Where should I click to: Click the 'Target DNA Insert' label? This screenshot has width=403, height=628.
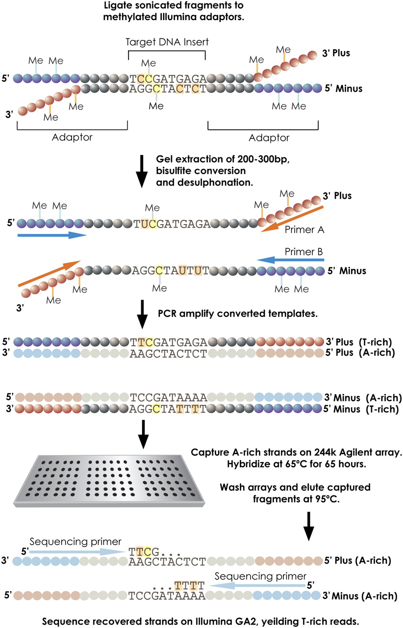(x=167, y=42)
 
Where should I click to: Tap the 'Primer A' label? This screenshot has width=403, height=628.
(x=304, y=230)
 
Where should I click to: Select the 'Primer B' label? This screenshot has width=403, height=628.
(x=304, y=252)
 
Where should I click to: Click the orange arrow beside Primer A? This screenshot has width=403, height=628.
(x=292, y=219)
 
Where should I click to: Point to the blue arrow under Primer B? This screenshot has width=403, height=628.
(x=290, y=260)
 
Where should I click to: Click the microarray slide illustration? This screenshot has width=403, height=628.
(x=109, y=481)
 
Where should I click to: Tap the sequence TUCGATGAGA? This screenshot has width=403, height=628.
(x=172, y=224)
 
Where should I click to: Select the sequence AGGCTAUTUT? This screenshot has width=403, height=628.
(x=171, y=270)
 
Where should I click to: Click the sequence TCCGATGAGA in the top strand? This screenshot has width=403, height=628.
(x=168, y=79)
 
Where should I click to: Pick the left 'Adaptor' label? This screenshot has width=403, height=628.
(x=72, y=137)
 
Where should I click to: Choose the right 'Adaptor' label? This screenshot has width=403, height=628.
(x=269, y=138)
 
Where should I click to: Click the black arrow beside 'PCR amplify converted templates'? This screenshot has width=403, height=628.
(x=142, y=314)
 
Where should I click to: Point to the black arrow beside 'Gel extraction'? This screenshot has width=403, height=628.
(x=142, y=171)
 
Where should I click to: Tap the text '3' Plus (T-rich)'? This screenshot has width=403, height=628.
(x=359, y=342)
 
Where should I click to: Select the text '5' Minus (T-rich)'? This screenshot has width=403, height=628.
(x=361, y=409)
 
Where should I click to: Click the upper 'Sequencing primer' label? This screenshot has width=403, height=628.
(x=76, y=541)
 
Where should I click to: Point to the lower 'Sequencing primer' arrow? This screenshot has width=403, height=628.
(x=257, y=585)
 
